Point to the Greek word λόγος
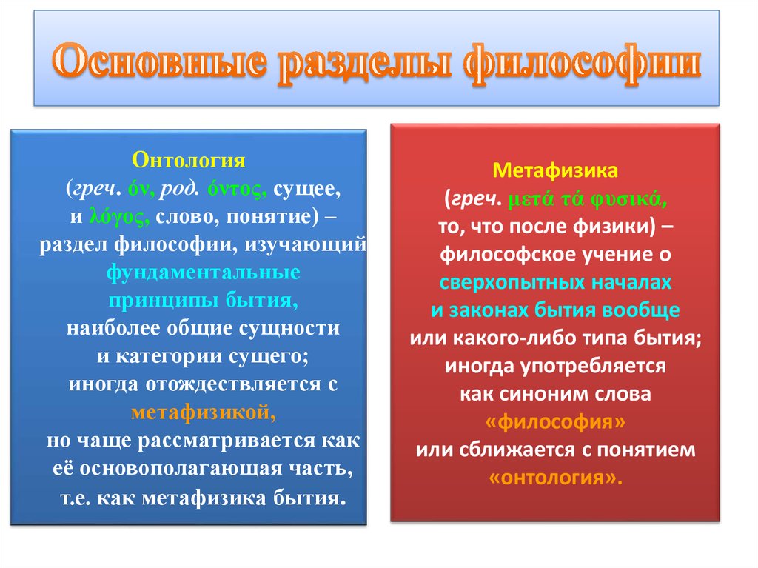point(121,215)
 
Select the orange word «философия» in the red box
point(555,422)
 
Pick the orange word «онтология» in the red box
point(555,478)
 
